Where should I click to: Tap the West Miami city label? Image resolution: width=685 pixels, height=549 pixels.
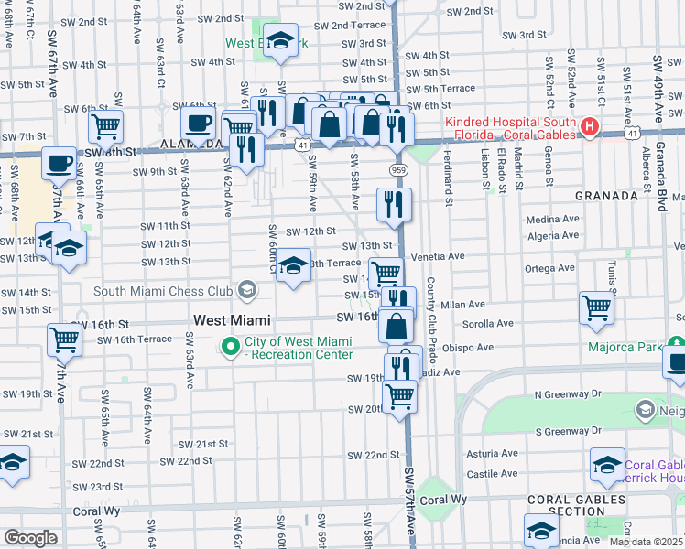(x=233, y=320)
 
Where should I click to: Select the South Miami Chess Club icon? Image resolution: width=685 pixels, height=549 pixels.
(x=245, y=291)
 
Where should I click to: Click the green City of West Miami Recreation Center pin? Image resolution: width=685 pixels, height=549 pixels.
(x=228, y=347)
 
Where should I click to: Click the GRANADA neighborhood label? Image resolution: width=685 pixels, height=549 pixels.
(x=606, y=196)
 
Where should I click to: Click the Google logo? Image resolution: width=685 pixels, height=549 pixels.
(x=30, y=537)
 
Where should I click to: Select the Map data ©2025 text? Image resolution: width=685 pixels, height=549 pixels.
(x=646, y=542)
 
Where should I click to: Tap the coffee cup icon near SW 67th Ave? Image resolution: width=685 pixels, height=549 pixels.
(x=60, y=164)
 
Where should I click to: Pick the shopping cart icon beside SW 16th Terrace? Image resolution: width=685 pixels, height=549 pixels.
(x=65, y=339)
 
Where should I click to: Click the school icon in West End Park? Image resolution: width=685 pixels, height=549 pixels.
(x=281, y=40)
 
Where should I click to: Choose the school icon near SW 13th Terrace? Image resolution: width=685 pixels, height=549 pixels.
(x=293, y=266)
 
